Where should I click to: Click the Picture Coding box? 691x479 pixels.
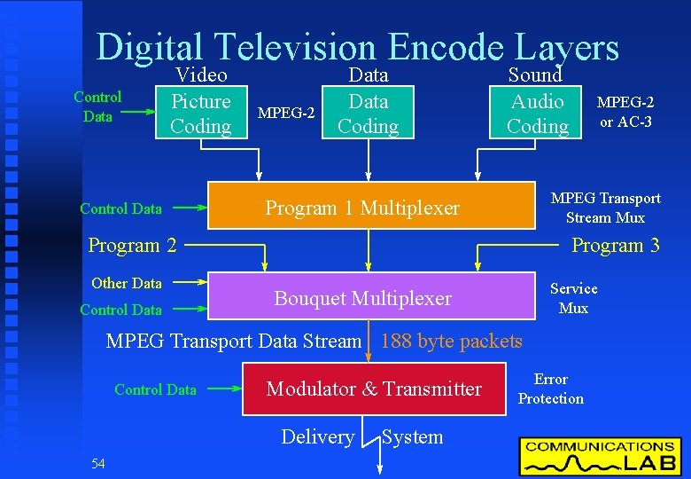click(x=201, y=114)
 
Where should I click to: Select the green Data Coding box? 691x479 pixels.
click(x=368, y=114)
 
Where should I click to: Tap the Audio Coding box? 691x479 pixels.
click(x=537, y=114)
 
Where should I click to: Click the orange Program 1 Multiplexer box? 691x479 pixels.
click(x=363, y=208)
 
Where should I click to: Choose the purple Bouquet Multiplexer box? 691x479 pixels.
click(x=363, y=298)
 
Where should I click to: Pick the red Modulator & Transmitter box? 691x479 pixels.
click(x=374, y=389)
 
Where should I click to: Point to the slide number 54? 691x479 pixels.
click(x=98, y=463)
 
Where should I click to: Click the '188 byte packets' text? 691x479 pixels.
click(x=451, y=341)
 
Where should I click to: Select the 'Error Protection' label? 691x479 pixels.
click(x=551, y=389)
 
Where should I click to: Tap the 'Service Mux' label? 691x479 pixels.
click(x=573, y=298)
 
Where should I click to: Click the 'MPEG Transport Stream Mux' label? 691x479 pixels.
click(x=605, y=208)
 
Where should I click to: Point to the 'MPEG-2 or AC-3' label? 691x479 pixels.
click(x=625, y=113)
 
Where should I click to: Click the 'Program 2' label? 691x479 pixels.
click(x=132, y=246)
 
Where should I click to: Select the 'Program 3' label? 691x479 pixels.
click(x=615, y=246)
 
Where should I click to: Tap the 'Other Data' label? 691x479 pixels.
click(x=127, y=283)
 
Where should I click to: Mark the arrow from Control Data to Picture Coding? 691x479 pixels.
click(x=137, y=113)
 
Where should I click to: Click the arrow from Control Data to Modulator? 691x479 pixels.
click(x=222, y=389)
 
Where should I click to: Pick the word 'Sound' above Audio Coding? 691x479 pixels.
click(x=534, y=75)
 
